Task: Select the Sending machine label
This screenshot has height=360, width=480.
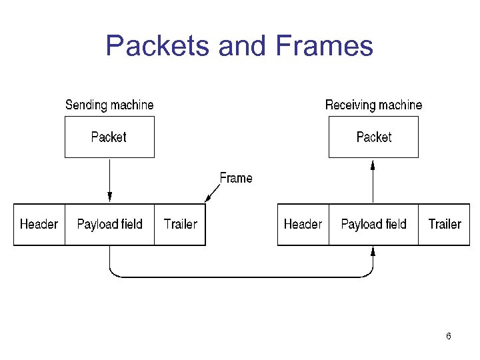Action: [x=109, y=105]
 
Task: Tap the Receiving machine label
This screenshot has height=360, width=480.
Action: [x=373, y=105]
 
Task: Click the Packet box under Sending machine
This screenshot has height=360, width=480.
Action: [x=109, y=137]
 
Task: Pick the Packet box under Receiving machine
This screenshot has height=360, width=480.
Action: [x=373, y=137]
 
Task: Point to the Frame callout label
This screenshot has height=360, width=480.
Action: [x=236, y=178]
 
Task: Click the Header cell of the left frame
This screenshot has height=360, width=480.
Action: [x=39, y=225]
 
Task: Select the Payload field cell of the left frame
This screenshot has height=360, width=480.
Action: [x=110, y=225]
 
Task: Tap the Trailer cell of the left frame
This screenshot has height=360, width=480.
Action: [x=180, y=225]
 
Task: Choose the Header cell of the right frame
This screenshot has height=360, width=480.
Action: [x=303, y=225]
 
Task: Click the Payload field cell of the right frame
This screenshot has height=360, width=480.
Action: [x=373, y=225]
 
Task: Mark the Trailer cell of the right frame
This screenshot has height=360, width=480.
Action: [x=445, y=225]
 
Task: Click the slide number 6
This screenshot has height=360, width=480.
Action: [x=449, y=336]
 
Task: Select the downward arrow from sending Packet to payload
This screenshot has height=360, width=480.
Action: [x=110, y=180]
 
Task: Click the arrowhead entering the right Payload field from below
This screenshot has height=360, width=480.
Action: [x=373, y=251]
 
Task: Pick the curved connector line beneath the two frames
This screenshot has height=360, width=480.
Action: [x=240, y=276]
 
